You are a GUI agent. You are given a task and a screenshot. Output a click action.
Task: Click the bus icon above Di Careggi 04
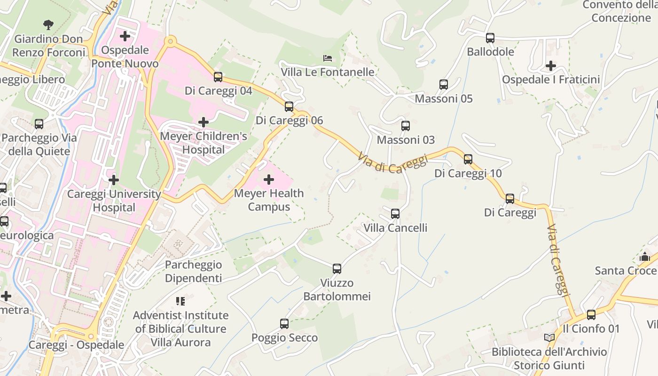(x=218, y=77)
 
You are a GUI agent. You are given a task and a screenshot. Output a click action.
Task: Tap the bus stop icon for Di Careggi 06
(x=289, y=107)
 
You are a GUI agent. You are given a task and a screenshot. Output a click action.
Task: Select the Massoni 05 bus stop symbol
(x=444, y=85)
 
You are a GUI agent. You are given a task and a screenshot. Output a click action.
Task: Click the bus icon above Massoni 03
(x=406, y=126)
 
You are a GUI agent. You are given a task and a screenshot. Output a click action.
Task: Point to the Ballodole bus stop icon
(x=490, y=38)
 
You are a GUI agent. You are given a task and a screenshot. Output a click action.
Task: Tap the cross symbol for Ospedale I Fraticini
(x=551, y=66)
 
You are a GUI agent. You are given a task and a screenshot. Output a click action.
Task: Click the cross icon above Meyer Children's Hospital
(x=204, y=122)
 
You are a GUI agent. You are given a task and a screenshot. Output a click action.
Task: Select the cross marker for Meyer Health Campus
(x=269, y=180)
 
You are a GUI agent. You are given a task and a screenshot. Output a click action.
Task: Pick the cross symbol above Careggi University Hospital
(x=113, y=180)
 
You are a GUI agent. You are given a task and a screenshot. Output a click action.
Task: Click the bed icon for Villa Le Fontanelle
(x=328, y=58)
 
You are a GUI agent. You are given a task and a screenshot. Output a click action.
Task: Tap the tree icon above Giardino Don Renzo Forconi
(x=48, y=24)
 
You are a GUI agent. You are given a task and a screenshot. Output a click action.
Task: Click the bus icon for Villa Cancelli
(x=395, y=214)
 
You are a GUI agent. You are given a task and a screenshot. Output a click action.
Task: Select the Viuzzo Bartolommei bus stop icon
(x=337, y=269)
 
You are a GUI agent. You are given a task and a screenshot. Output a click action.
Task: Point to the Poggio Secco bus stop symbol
(x=284, y=324)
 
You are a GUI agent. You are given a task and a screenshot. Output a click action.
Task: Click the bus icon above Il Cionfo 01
(x=591, y=315)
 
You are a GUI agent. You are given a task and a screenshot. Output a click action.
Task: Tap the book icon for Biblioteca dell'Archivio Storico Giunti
(x=549, y=337)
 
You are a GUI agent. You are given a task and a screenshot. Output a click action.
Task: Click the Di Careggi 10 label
(x=468, y=173)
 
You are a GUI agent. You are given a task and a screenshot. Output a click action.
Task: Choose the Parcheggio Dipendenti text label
(x=193, y=272)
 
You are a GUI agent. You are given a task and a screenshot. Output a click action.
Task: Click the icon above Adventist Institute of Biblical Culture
(x=180, y=301)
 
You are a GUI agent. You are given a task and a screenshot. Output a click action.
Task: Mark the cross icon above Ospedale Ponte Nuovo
(x=125, y=36)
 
